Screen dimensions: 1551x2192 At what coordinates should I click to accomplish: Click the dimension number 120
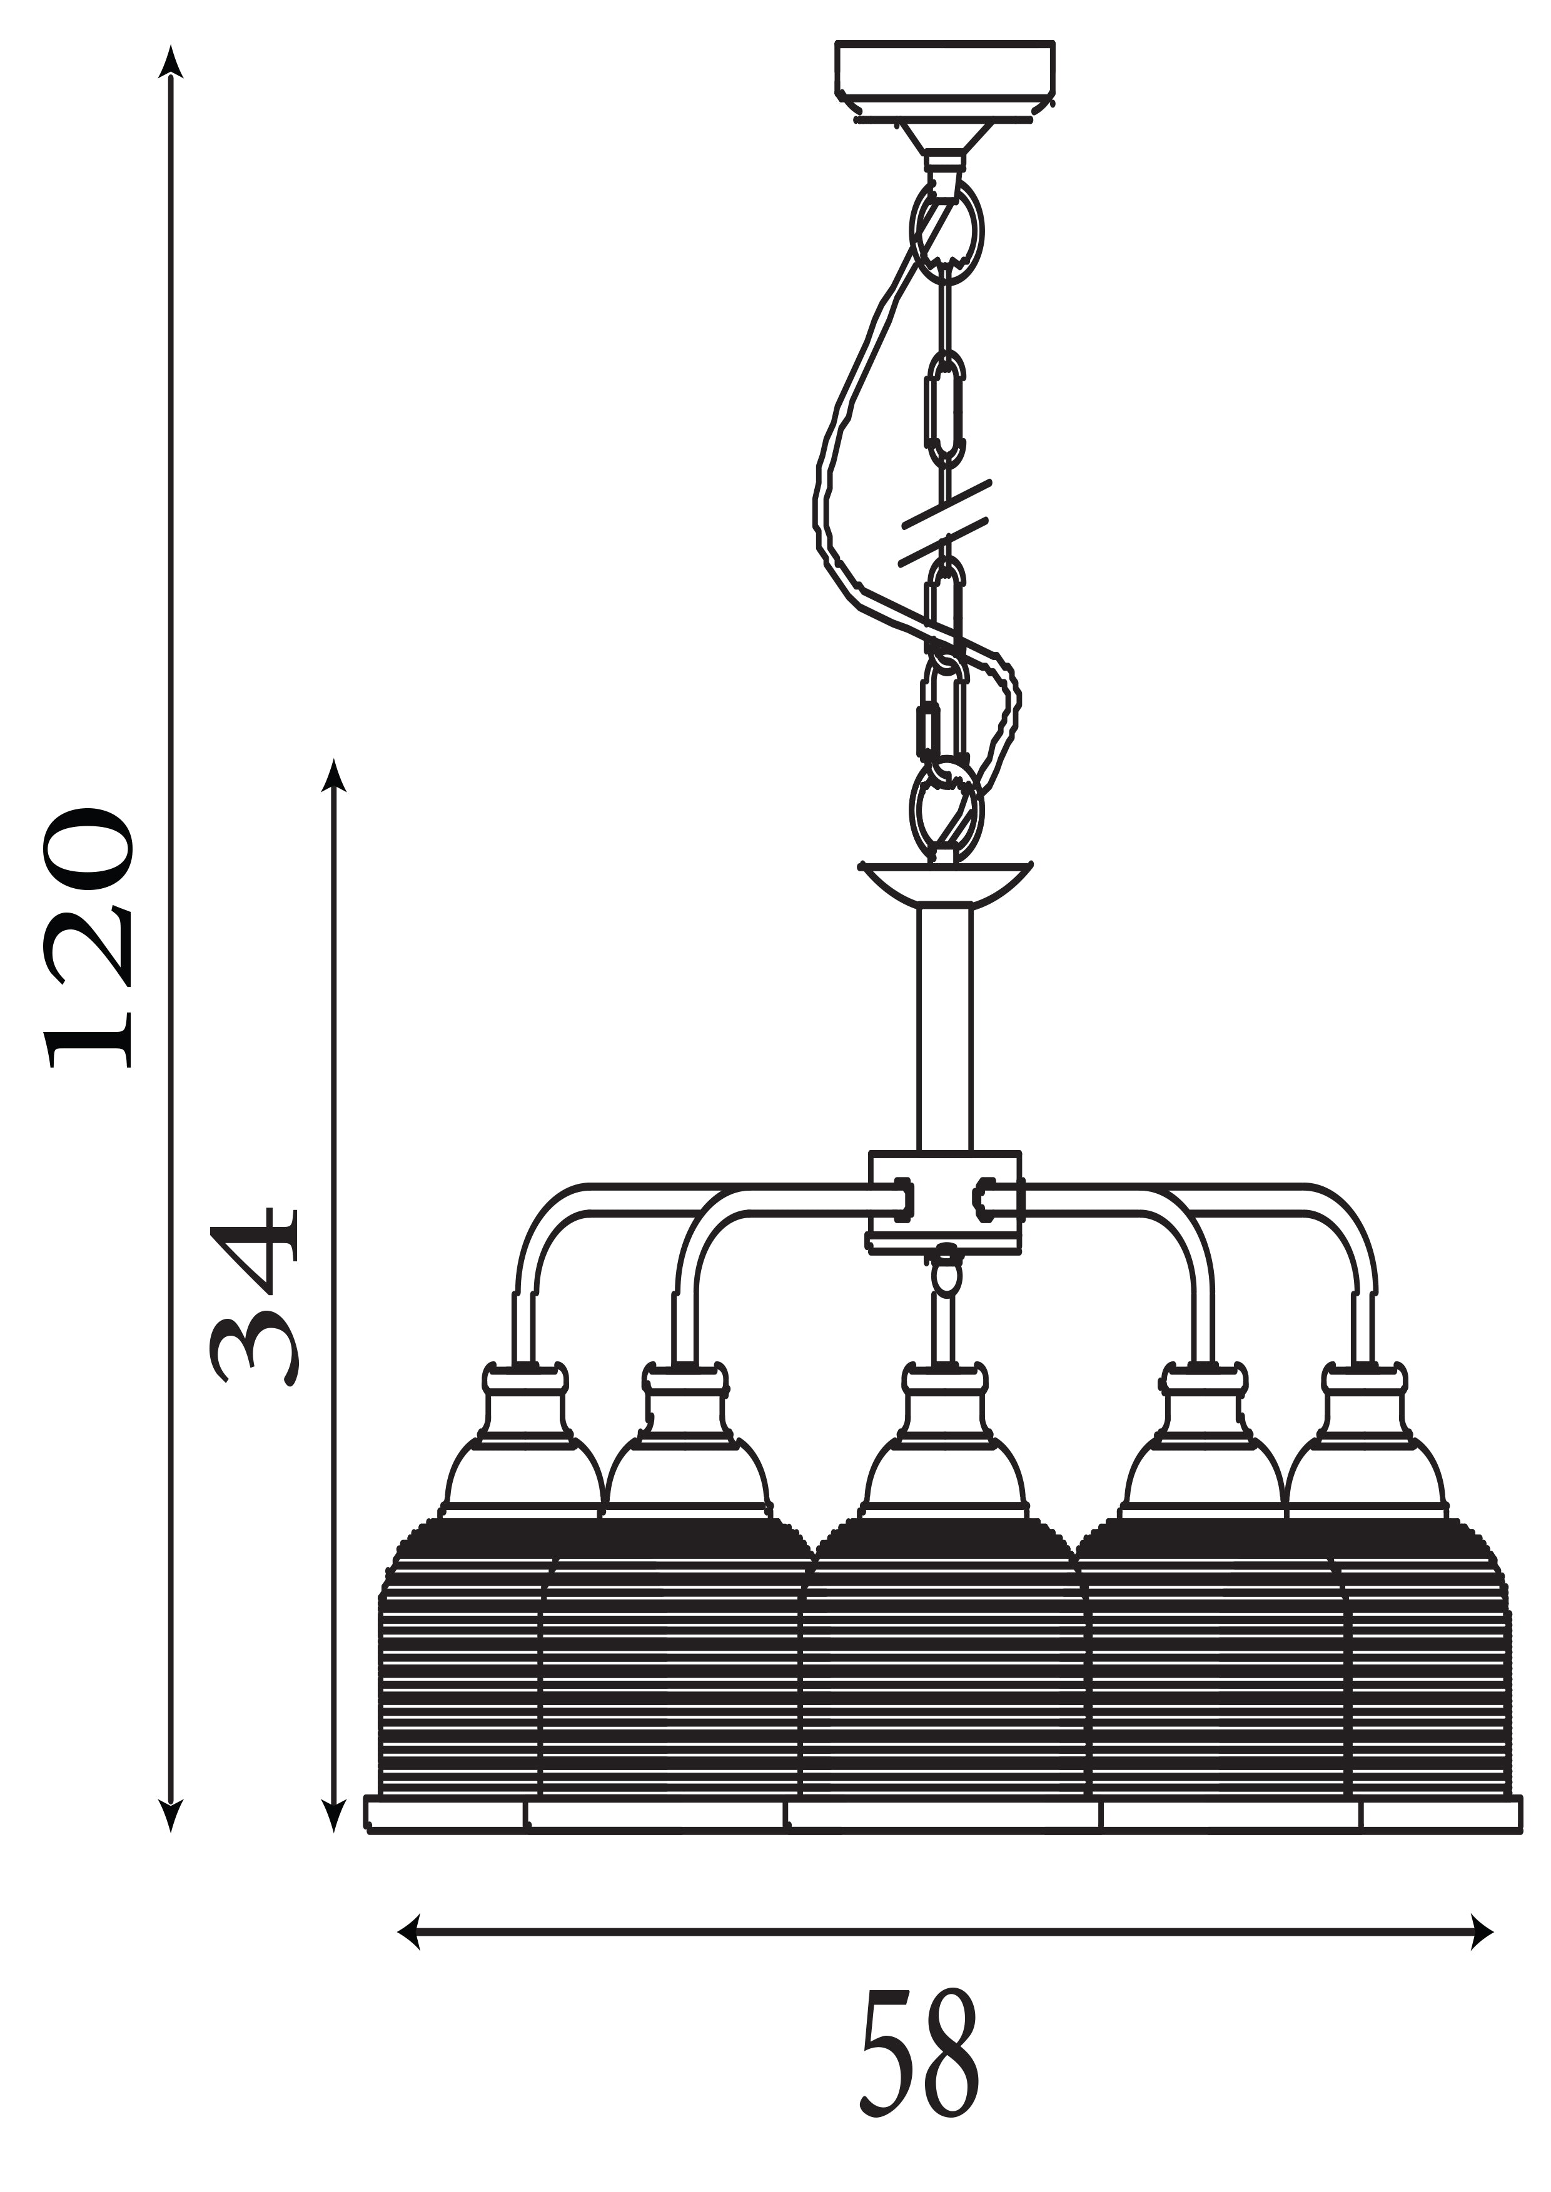pos(87,938)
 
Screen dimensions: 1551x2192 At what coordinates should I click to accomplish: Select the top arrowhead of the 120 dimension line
pos(171,62)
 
